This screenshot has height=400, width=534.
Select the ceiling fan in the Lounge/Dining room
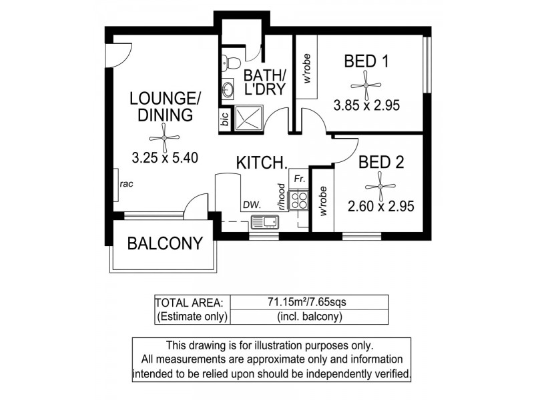point(165,138)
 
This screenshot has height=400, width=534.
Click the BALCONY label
point(164,243)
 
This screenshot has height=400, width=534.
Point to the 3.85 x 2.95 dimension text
point(366,105)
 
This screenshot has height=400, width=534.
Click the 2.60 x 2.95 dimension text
point(380,206)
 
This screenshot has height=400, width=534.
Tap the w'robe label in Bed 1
point(308,69)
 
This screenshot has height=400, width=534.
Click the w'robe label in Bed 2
point(323,201)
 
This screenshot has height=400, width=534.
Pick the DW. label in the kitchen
point(252,206)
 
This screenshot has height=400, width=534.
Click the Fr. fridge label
point(299,179)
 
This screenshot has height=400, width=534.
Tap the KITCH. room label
point(261,162)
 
